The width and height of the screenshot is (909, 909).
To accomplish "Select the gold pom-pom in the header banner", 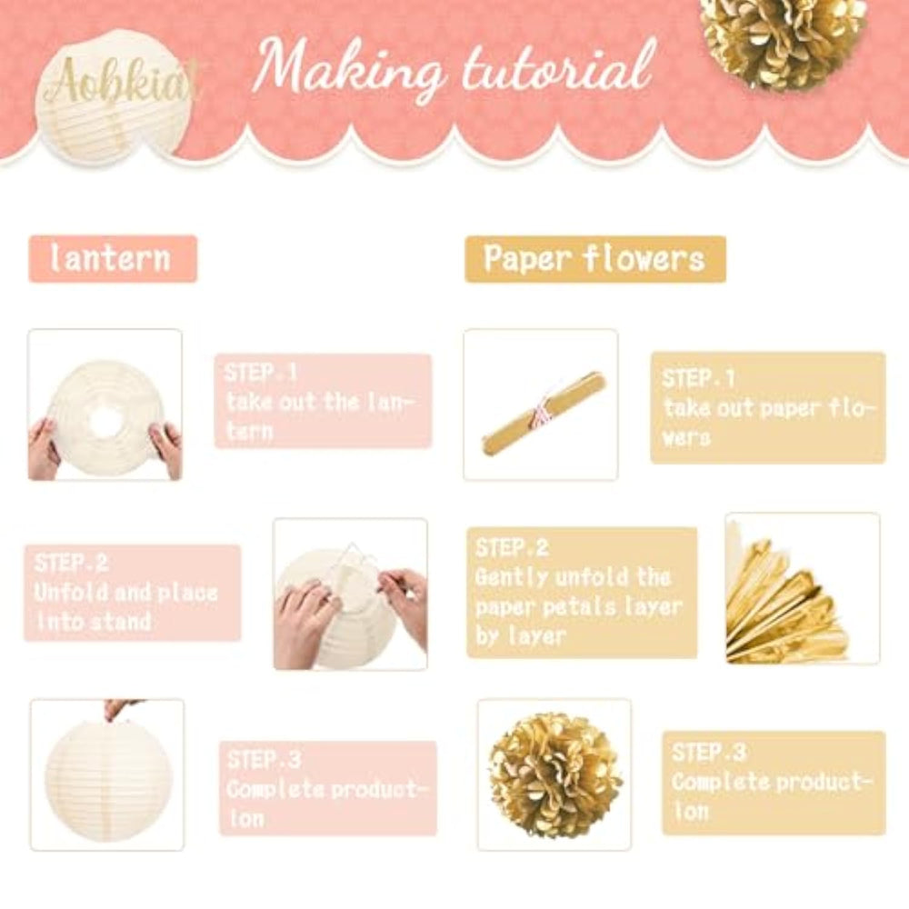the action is click(784, 41).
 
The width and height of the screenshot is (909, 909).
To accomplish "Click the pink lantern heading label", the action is click(113, 258).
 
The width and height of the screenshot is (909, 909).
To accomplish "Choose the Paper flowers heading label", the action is click(595, 259).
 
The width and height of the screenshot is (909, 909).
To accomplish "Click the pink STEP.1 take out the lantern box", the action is click(324, 401).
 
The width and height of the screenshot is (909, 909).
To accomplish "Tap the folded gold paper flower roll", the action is click(544, 412).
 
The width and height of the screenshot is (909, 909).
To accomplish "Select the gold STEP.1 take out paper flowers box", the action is click(768, 407).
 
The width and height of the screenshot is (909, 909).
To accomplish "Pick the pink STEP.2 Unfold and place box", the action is click(132, 593).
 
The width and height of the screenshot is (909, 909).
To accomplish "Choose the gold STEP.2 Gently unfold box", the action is click(582, 593).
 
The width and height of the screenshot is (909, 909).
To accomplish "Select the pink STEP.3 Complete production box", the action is click(328, 788).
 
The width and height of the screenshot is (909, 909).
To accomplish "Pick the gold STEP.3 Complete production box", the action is click(774, 784).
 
